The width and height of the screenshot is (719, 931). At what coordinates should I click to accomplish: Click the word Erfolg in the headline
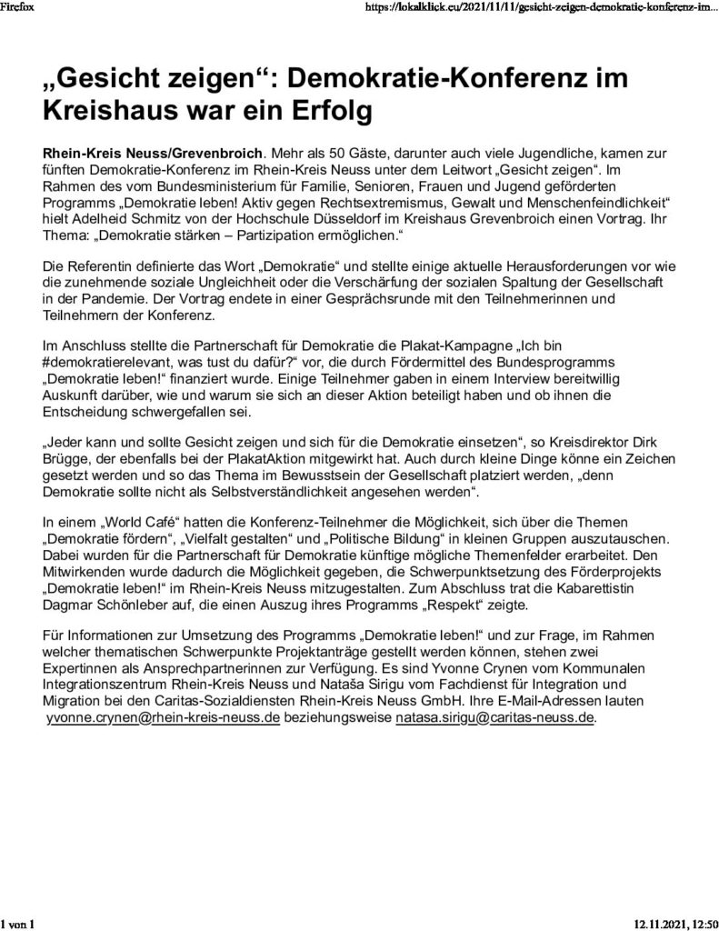[x=316, y=113]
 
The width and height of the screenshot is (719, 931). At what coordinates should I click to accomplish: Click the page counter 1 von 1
[x=17, y=924]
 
